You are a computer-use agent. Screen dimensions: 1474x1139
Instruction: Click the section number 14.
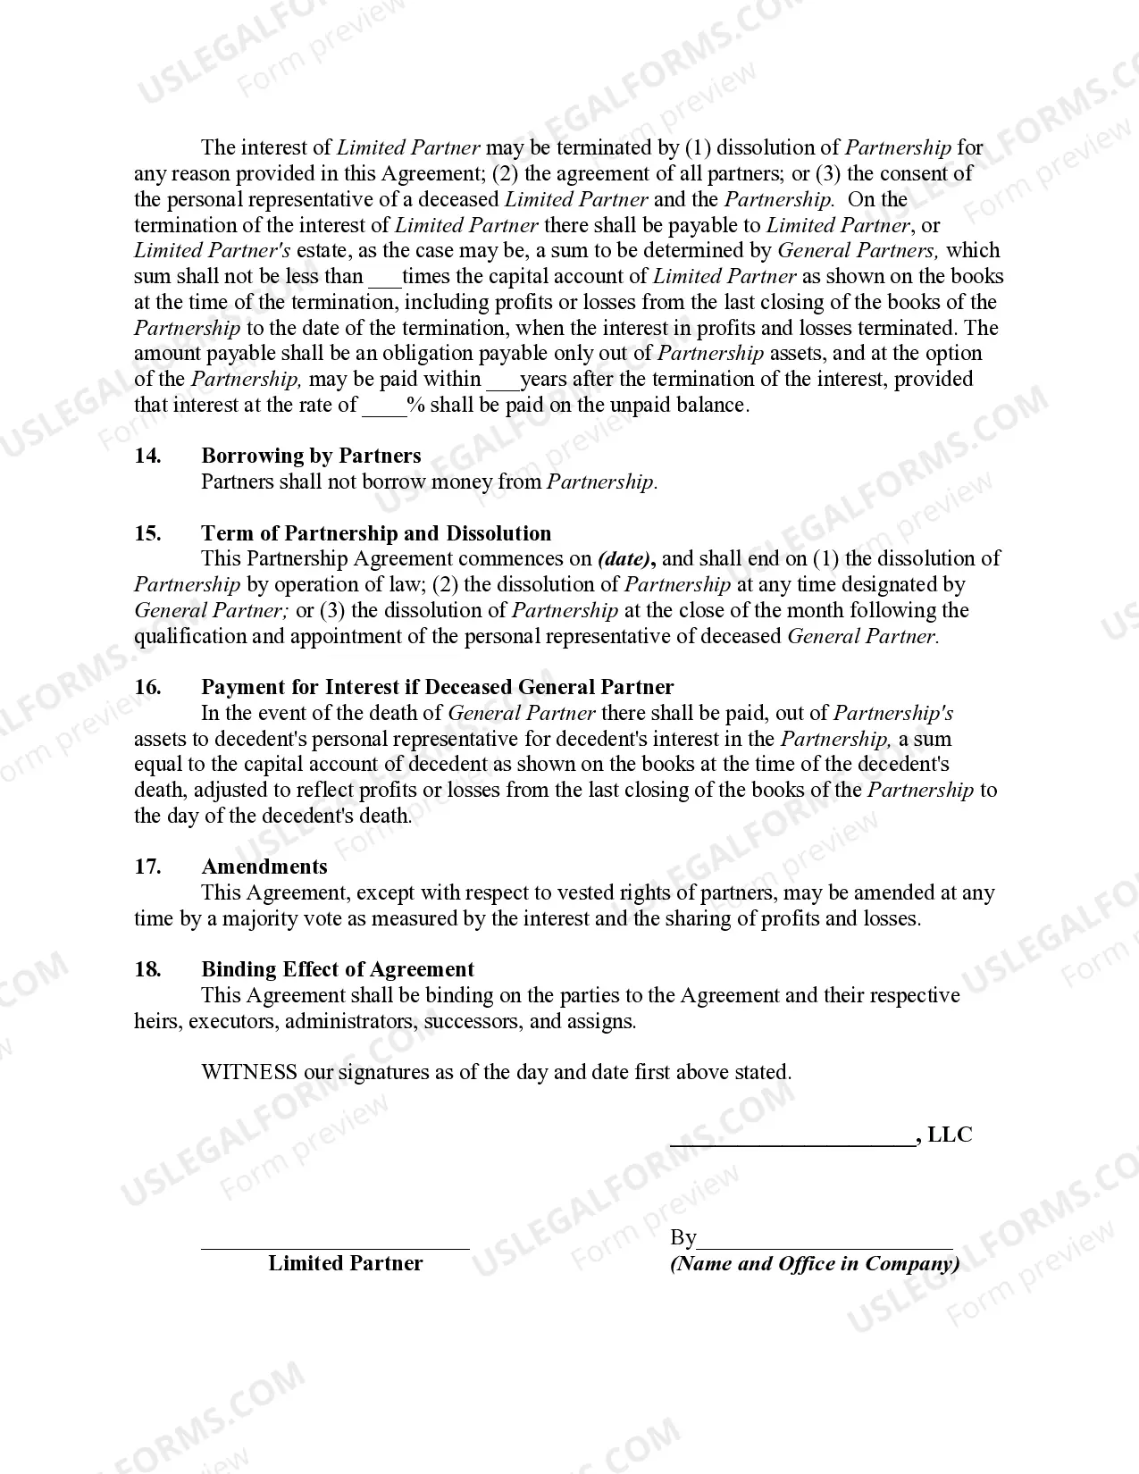148,456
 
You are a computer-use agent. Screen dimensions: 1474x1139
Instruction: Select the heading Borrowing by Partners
311,456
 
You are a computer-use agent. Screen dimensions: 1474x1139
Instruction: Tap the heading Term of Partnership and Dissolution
376,534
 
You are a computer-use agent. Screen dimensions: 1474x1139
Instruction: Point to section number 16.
148,688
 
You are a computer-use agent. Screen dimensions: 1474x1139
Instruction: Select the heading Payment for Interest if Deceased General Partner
437,688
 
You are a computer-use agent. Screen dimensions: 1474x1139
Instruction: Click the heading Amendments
264,867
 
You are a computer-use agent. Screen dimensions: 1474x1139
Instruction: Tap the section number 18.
148,970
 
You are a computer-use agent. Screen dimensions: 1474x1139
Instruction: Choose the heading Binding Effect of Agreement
338,970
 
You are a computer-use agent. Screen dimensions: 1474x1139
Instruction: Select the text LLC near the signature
950,1135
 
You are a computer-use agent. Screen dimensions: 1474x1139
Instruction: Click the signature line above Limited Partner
335,1247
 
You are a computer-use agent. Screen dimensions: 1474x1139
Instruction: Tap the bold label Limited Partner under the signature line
346,1264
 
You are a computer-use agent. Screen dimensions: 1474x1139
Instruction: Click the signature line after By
825,1245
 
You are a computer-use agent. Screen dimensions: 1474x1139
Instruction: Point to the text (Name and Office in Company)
815,1264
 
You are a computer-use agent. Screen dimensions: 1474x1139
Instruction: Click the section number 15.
148,534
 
